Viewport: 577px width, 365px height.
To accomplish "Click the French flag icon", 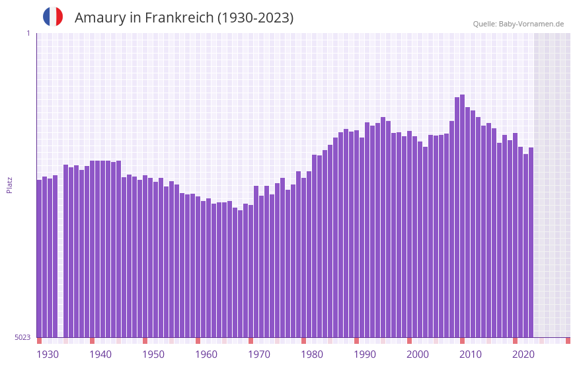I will pos(53,17).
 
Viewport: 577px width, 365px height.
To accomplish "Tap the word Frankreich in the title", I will pos(177,18).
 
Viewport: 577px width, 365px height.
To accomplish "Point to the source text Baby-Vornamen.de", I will pos(531,24).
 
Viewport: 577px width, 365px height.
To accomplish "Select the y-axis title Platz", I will pos(9,184).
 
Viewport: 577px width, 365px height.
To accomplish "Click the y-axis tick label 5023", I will pos(22,337).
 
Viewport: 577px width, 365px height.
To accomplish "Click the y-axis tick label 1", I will pos(28,33).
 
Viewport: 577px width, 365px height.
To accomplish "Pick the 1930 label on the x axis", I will pos(48,354).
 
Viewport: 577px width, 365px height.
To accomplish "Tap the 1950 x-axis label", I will pos(153,354).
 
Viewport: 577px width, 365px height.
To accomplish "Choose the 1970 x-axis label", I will pos(259,354).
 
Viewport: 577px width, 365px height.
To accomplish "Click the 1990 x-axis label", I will pos(365,354).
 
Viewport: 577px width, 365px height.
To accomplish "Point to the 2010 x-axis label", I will pos(471,354).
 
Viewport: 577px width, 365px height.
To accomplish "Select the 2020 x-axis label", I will pos(523,354).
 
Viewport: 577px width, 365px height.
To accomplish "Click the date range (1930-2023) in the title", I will pos(255,18).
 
